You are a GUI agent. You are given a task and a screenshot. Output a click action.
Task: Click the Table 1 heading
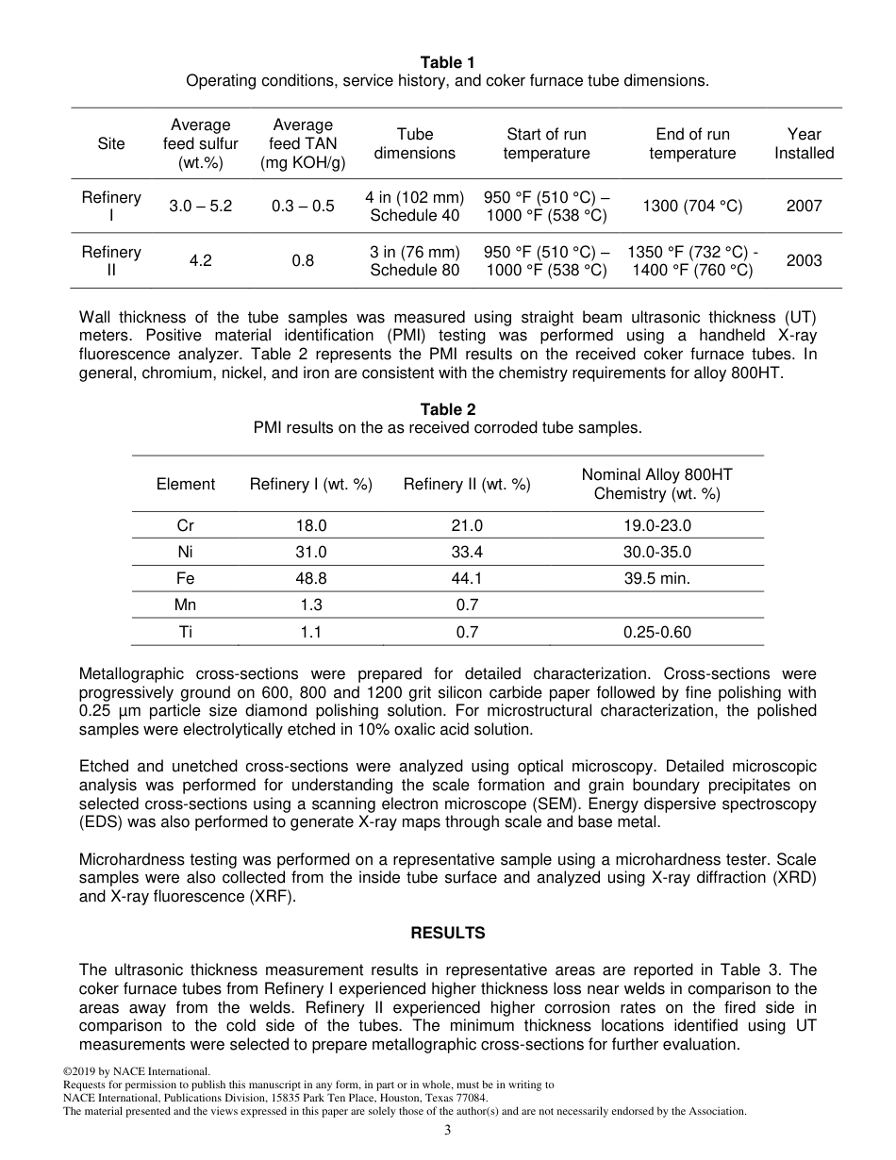pyautogui.click(x=447, y=62)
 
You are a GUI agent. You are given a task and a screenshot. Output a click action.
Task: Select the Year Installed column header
pyautogui.click(x=804, y=143)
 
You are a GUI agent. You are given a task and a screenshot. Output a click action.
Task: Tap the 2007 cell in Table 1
pyautogui.click(x=804, y=206)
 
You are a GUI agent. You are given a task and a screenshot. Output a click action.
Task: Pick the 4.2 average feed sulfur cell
pyautogui.click(x=200, y=261)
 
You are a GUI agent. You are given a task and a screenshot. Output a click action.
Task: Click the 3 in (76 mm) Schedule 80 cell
pyautogui.click(x=415, y=261)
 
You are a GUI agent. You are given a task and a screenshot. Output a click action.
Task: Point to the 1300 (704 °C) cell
pyautogui.click(x=692, y=206)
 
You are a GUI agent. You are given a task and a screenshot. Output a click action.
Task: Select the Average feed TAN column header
pyautogui.click(x=303, y=143)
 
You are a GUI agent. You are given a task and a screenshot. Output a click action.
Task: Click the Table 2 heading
pyautogui.click(x=447, y=409)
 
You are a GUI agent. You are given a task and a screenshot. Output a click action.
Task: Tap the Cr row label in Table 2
pyautogui.click(x=186, y=526)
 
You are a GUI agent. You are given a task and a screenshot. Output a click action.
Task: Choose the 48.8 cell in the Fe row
pyautogui.click(x=311, y=579)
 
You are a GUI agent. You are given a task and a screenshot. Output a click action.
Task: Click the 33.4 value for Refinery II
pyautogui.click(x=467, y=553)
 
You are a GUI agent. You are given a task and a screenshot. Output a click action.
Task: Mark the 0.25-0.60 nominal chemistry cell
pyautogui.click(x=656, y=633)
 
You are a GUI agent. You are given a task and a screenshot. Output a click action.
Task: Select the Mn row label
pyautogui.click(x=186, y=605)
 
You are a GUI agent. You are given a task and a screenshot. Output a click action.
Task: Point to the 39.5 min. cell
pyautogui.click(x=656, y=579)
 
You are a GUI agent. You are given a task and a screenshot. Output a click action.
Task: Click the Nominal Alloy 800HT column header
pyautogui.click(x=656, y=484)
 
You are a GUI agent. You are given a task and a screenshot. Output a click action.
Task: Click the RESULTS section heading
pyautogui.click(x=447, y=933)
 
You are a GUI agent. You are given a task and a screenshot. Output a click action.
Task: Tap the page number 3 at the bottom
pyautogui.click(x=448, y=1131)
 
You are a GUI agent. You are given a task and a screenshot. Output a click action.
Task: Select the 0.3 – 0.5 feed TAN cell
pyautogui.click(x=303, y=206)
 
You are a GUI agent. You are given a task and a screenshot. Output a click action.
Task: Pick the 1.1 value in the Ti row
pyautogui.click(x=311, y=633)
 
